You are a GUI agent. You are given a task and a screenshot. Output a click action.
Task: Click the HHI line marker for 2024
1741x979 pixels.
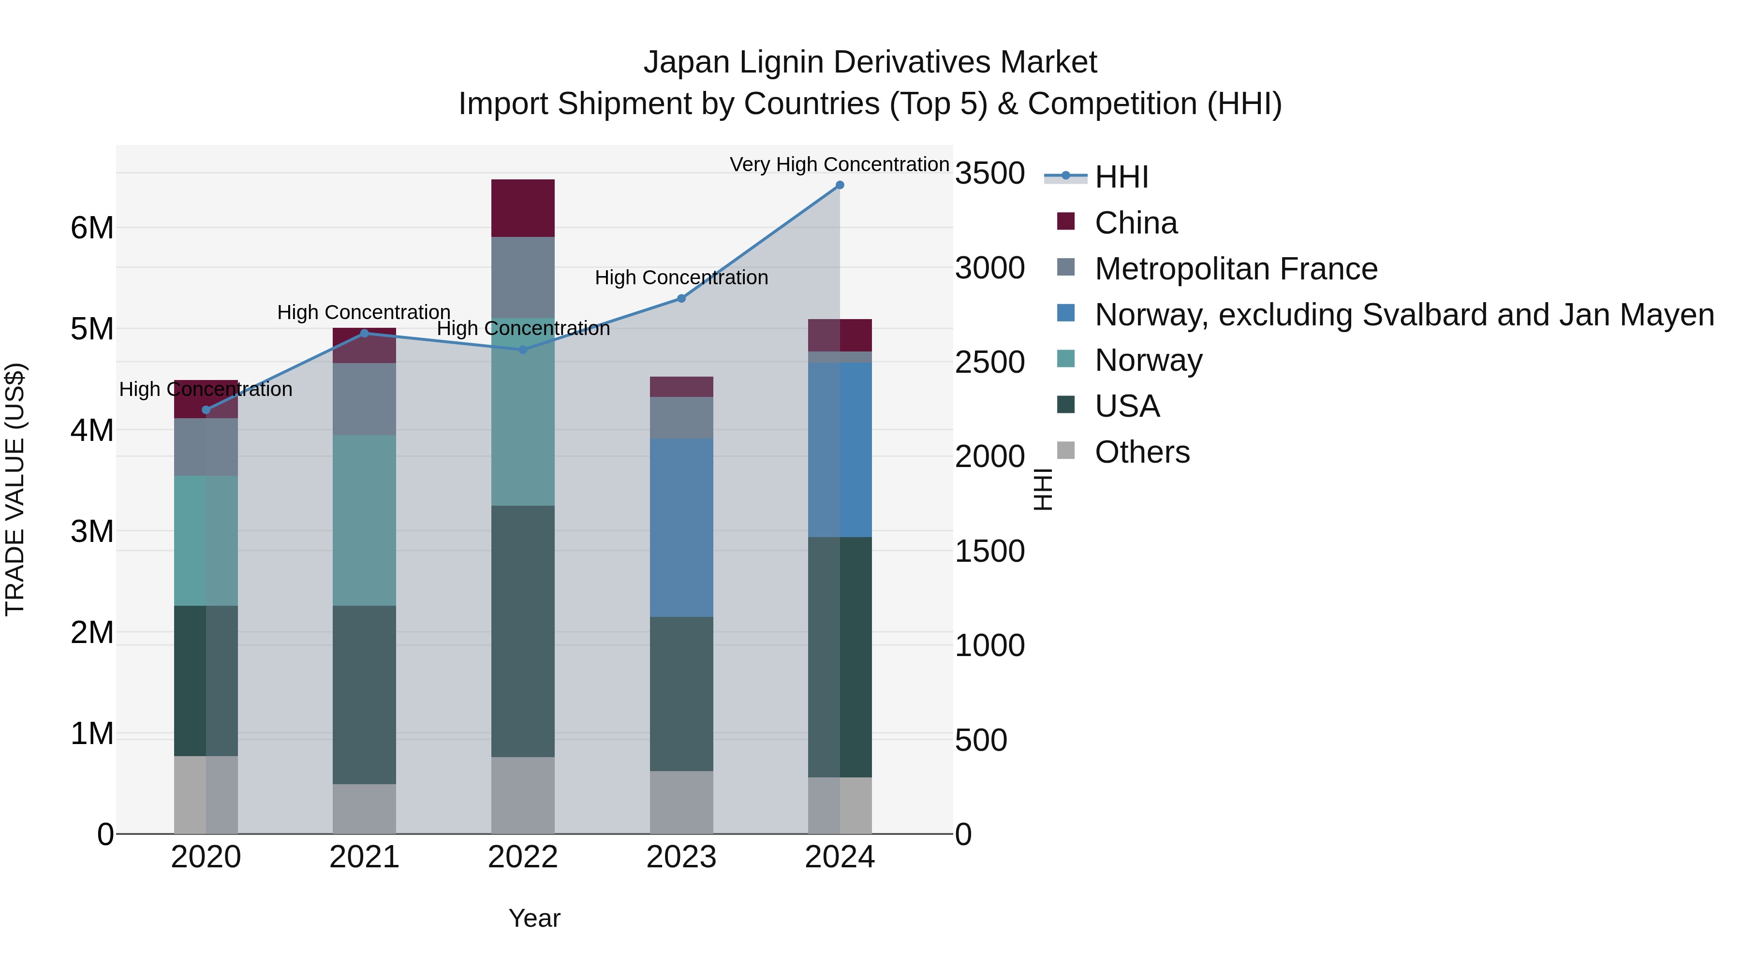coord(840,185)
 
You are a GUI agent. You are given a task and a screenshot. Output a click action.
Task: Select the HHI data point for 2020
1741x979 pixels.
coord(206,410)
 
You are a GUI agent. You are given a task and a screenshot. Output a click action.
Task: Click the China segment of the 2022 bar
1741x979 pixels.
coord(522,208)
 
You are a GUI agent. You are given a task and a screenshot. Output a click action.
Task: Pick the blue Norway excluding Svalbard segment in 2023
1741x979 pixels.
coord(681,527)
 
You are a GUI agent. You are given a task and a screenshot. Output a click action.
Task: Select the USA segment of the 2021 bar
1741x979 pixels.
coord(364,695)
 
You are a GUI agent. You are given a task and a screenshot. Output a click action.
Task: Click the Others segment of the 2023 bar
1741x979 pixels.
coord(681,802)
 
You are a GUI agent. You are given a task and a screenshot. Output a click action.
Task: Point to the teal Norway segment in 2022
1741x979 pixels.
coord(522,411)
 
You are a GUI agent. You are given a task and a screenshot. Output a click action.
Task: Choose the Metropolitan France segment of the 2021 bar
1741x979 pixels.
coord(364,399)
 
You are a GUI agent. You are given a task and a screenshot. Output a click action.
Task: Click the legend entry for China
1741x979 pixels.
coord(1136,223)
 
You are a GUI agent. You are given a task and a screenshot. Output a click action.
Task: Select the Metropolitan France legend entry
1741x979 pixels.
coord(1236,269)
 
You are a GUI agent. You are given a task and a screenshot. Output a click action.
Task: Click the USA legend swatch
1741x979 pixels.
coord(1066,406)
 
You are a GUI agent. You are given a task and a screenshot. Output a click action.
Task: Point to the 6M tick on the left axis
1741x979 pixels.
coord(92,228)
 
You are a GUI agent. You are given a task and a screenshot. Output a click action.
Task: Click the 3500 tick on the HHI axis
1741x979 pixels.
coord(989,174)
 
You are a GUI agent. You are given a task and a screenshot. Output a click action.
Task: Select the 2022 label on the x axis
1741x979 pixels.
coord(522,857)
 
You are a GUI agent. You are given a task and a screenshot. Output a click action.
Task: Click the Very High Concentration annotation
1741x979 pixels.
coord(840,164)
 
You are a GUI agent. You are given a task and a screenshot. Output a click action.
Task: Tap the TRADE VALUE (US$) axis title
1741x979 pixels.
coord(15,489)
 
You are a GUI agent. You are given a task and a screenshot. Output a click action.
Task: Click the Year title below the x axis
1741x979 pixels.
coord(534,918)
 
